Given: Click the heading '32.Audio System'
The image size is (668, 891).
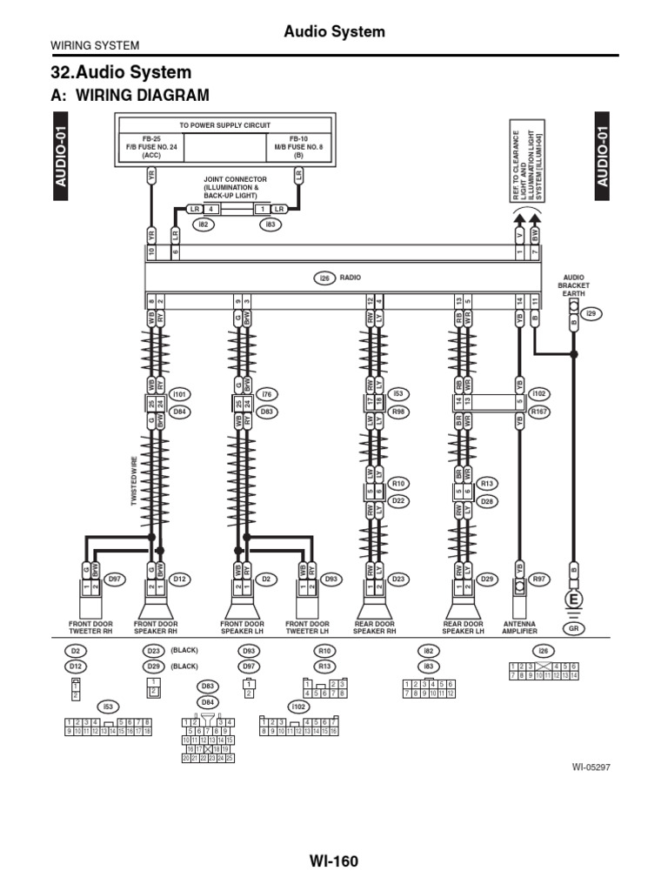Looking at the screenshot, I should click(x=123, y=72).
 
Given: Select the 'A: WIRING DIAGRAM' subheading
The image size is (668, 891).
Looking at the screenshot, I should click(x=131, y=95).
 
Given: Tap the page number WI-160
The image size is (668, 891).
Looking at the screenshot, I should click(x=334, y=861).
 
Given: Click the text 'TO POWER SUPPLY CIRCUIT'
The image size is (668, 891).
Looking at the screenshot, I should click(x=225, y=125).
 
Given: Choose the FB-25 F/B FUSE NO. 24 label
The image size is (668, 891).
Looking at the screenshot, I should click(x=151, y=146).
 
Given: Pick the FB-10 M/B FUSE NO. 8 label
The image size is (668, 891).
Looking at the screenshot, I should click(x=298, y=146).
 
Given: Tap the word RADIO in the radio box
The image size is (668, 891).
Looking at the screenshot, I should click(x=351, y=278).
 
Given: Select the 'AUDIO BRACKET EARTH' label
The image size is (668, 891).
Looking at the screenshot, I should click(x=575, y=285).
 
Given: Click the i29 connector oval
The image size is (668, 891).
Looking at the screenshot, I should click(x=591, y=313).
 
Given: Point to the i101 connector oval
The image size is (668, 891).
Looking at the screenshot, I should click(x=181, y=394).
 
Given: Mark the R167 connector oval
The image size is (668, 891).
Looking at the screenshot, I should click(x=540, y=412).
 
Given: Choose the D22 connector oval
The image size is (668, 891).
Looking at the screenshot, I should click(x=399, y=501).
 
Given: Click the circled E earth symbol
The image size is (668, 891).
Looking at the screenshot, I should click(x=574, y=600).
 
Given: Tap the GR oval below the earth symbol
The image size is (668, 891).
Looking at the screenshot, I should click(x=574, y=628).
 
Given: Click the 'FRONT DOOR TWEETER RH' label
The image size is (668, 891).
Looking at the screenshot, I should click(x=90, y=628).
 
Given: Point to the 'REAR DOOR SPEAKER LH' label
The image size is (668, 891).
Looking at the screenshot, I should click(x=463, y=628).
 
